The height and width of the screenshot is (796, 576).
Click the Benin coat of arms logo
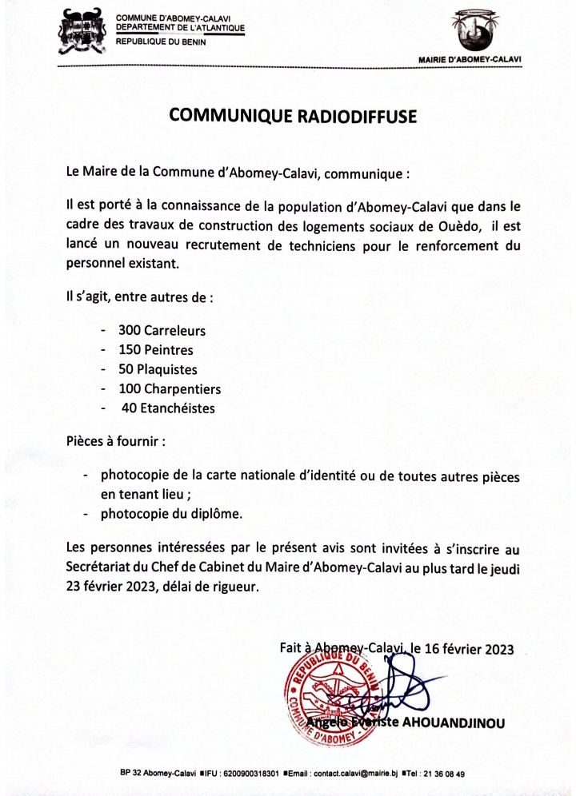click(82, 33)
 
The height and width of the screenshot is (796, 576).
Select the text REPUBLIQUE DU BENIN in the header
click(161, 42)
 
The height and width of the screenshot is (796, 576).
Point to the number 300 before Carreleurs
click(130, 330)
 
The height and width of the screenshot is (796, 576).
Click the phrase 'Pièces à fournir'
click(115, 440)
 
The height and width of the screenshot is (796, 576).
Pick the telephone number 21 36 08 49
click(442, 774)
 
